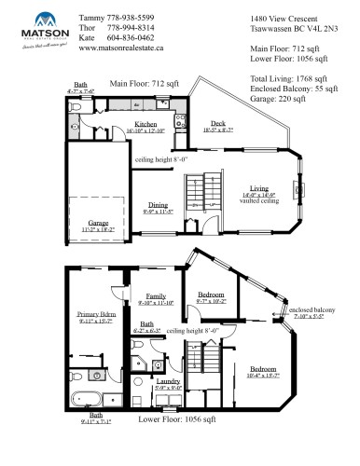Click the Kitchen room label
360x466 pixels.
145,123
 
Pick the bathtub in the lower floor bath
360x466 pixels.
90,403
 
